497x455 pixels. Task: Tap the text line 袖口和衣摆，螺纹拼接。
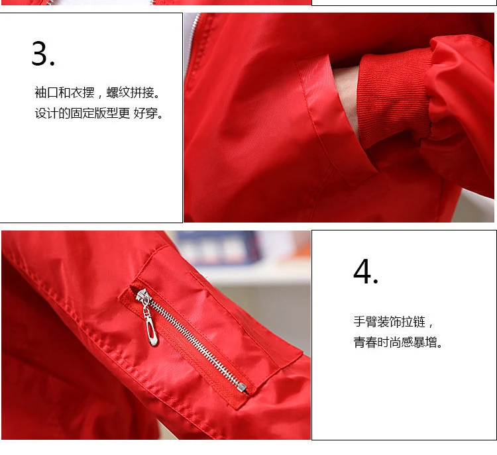[98, 93]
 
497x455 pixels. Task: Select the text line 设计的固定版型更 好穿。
[99, 113]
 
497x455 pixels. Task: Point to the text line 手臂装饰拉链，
[394, 322]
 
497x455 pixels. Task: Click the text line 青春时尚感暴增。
[398, 342]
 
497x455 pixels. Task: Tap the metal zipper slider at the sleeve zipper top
[142, 297]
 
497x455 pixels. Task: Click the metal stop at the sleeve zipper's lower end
[242, 387]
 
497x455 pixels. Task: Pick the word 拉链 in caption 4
[414, 322]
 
